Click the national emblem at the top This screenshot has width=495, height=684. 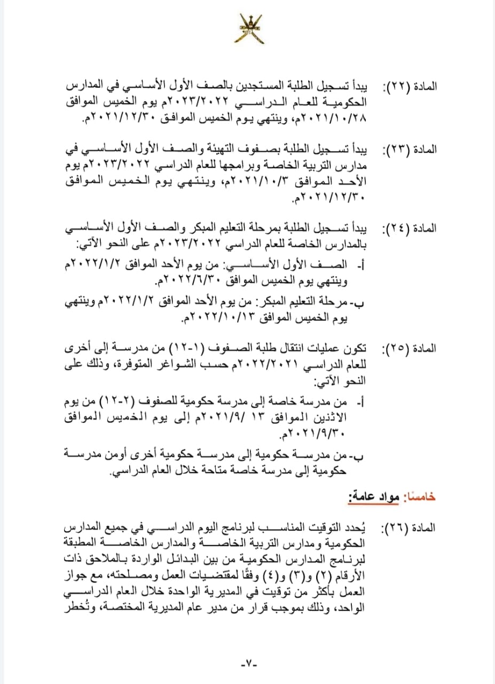[248, 29]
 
